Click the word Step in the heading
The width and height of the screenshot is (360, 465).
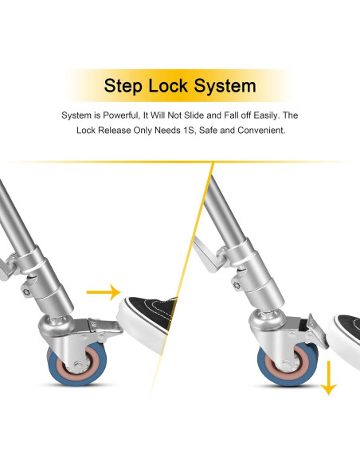tap(123, 86)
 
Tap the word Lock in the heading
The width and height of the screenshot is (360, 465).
tap(168, 85)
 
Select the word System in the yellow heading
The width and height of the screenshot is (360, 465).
tap(225, 86)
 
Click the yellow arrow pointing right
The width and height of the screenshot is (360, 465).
tap(104, 292)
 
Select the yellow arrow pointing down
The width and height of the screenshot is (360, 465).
tap(328, 377)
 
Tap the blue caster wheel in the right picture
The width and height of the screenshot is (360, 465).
tap(288, 364)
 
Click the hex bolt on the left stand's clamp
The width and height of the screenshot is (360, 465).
tap(27, 292)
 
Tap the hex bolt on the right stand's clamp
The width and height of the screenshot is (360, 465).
tap(237, 285)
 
